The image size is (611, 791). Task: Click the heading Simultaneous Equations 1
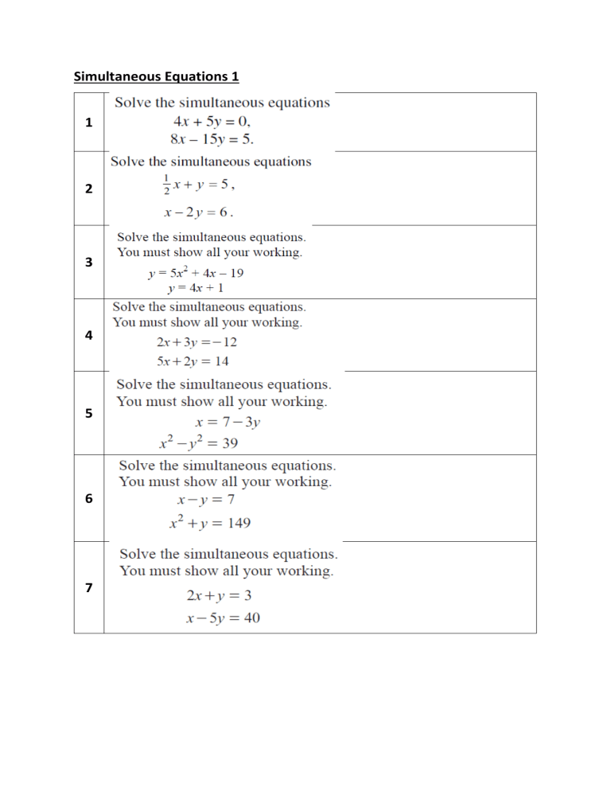156,76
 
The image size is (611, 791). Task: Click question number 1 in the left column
88,123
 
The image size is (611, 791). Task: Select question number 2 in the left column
88,189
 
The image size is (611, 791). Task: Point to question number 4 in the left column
88,335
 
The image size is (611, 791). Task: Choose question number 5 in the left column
88,413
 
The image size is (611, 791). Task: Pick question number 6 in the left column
88,499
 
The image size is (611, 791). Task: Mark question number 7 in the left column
88,587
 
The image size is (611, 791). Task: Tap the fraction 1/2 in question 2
166,184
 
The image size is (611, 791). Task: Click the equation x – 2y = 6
199,212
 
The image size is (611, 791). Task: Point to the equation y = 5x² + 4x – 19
196,273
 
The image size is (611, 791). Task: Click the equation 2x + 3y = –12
197,343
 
